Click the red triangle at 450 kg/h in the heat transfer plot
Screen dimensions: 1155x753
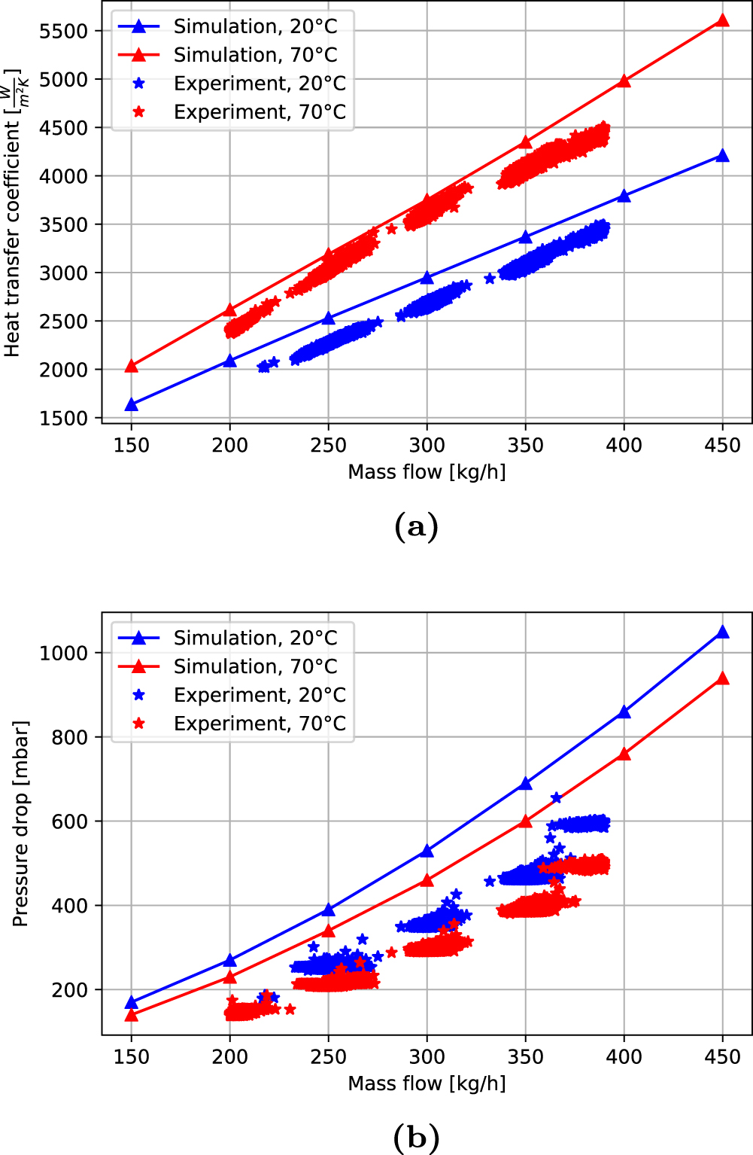[722, 20]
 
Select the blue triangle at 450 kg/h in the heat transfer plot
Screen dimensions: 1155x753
[722, 156]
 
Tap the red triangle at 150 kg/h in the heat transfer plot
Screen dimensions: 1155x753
[132, 366]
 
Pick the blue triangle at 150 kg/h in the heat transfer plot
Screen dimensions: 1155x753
[132, 405]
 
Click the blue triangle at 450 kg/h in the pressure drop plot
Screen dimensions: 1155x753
[722, 632]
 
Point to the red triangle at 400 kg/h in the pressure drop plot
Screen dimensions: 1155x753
[624, 754]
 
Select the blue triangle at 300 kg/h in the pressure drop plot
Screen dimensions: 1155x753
[427, 851]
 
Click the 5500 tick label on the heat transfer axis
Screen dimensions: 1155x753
[64, 31]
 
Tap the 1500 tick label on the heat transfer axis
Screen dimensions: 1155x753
[64, 419]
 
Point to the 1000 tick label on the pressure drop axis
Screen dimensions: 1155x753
[64, 653]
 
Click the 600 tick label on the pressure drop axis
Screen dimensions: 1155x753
[69, 821]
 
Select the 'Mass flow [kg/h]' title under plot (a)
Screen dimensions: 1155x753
[427, 472]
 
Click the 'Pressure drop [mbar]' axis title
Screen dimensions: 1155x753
[20, 824]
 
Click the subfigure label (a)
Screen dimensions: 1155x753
[416, 526]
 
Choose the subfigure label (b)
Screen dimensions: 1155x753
[416, 1137]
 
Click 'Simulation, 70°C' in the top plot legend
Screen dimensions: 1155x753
[255, 55]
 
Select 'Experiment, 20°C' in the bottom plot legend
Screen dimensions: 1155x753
[260, 695]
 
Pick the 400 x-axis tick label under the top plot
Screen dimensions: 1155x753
[624, 446]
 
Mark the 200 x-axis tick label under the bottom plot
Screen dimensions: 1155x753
[229, 1057]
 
